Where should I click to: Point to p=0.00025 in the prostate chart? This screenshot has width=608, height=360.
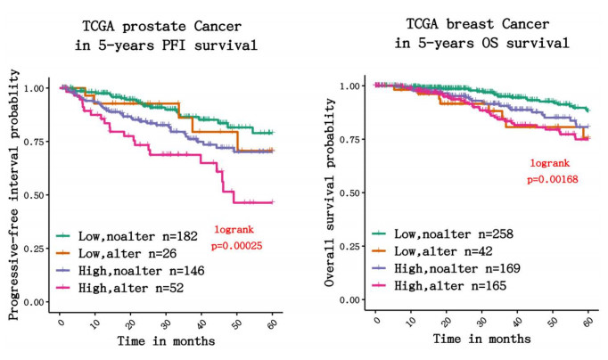tap(240, 243)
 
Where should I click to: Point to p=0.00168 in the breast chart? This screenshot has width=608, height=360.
tap(554, 179)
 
